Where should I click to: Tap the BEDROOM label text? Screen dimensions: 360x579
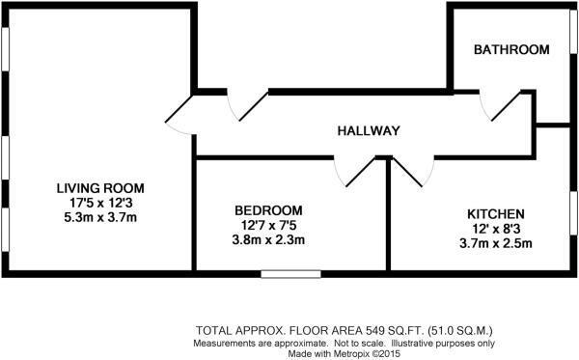[x=268, y=210]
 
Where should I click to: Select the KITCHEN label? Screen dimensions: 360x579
[x=495, y=213]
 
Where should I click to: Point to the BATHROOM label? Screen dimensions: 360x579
[x=511, y=50]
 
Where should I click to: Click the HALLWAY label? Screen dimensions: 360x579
[x=368, y=131]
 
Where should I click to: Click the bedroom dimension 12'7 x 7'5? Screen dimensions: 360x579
[x=268, y=226]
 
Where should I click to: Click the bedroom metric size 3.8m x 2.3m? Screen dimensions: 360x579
[x=268, y=240]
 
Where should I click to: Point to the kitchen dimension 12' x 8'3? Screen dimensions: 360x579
[x=495, y=228]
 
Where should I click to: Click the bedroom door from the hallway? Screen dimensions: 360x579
[x=356, y=173]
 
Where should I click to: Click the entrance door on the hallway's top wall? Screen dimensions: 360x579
[x=248, y=104]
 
